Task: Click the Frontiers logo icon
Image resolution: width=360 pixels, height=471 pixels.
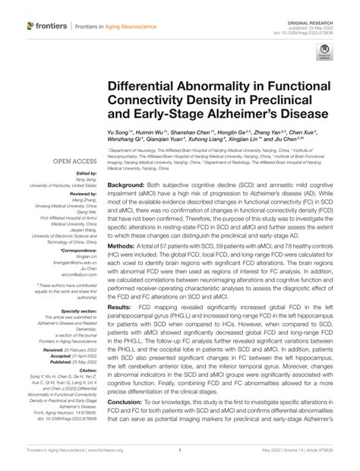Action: [x=30, y=25]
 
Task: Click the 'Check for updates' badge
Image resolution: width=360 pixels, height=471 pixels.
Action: [x=324, y=52]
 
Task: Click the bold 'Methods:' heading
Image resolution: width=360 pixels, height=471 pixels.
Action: [x=122, y=248]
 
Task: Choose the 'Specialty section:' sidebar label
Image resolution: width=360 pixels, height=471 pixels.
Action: [x=79, y=311]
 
